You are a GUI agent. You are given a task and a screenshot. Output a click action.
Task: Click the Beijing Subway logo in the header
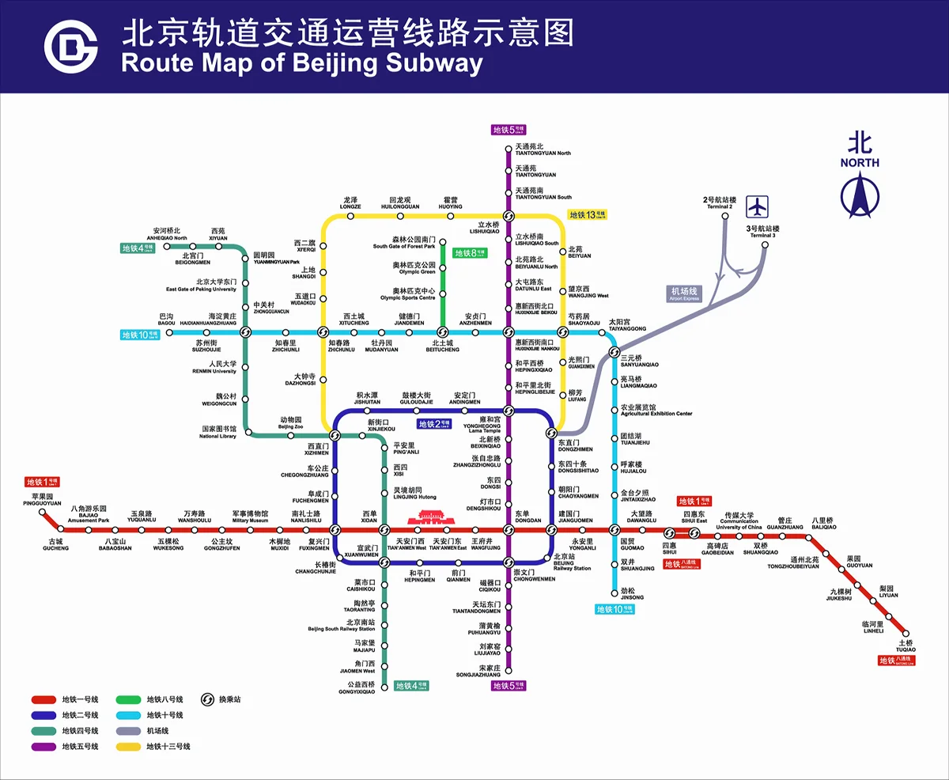point(70,46)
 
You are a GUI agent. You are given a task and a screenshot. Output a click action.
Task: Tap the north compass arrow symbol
point(859,196)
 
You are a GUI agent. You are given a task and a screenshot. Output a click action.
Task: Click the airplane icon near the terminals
point(758,206)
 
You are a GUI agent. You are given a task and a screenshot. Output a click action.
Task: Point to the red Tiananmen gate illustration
point(427,518)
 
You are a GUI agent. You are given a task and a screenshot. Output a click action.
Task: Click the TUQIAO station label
point(906,646)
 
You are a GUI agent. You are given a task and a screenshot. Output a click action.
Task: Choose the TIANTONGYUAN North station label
point(543,150)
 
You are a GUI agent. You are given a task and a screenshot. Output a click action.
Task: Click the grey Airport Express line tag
point(685,293)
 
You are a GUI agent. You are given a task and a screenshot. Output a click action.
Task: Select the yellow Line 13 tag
point(587,214)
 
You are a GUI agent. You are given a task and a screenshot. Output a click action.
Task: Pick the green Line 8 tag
point(470,253)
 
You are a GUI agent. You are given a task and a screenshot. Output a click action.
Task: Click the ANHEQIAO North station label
point(167,234)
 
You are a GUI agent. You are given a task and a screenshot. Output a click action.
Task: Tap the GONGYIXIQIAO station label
point(356,688)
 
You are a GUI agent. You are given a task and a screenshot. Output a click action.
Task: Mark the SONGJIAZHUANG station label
point(478,672)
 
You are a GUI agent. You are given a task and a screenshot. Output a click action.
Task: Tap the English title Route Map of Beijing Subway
point(301,63)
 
